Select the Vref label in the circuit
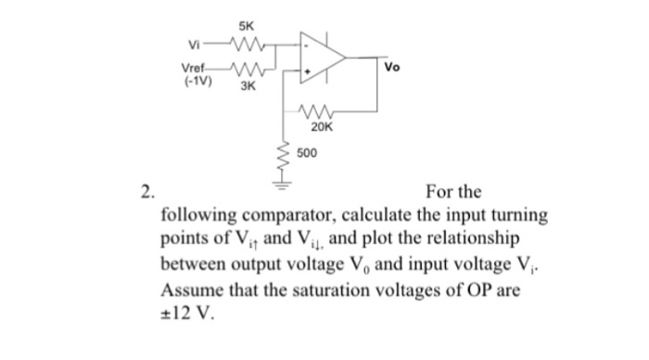click(194, 67)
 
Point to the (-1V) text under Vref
click(197, 80)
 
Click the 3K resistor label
click(248, 86)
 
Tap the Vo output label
click(393, 66)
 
